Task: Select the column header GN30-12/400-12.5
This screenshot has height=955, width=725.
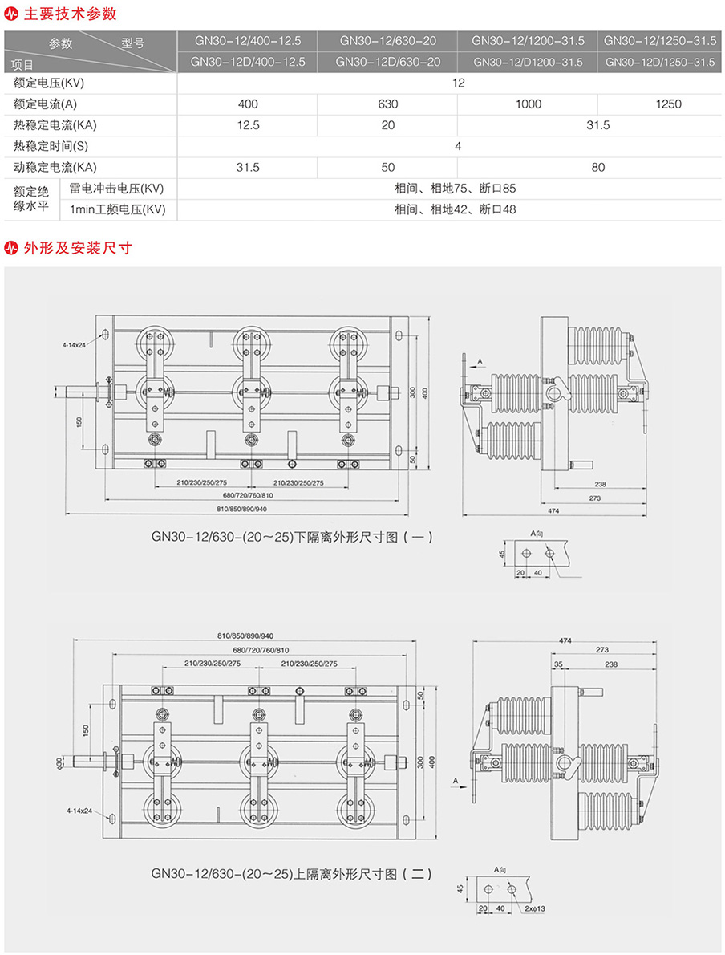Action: pos(248,40)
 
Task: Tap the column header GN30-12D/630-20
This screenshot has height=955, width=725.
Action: pos(387,62)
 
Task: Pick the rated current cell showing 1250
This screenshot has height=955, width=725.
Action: pos(668,104)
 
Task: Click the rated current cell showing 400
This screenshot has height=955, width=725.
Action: pos(248,104)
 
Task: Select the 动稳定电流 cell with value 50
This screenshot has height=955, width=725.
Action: pos(388,168)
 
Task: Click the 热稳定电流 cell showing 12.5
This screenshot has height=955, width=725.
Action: pos(248,125)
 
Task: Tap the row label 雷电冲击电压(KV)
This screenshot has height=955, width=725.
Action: pos(117,189)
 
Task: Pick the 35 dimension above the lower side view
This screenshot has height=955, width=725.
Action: pos(558,664)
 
